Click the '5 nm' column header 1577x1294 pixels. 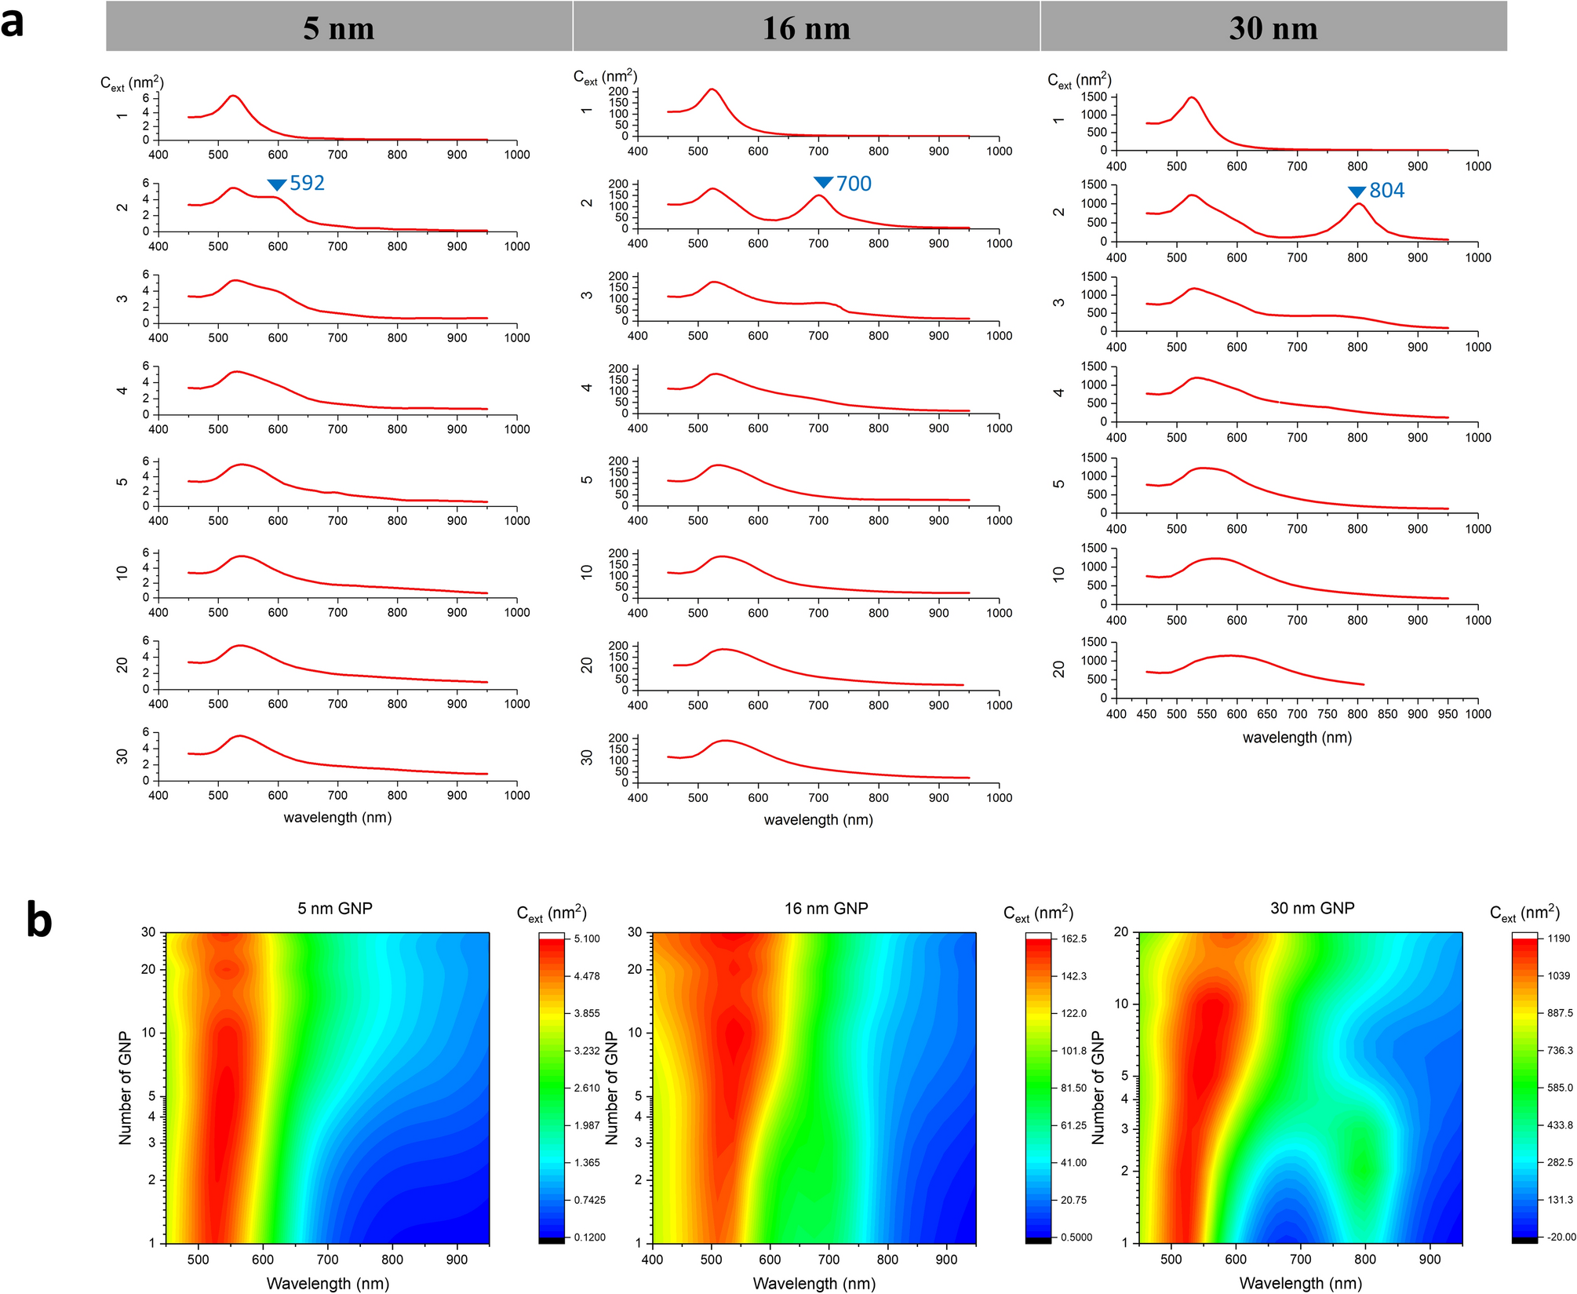tap(339, 28)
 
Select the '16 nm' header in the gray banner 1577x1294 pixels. tap(806, 28)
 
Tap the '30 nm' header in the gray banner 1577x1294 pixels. tap(1273, 28)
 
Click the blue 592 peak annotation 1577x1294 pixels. tap(307, 183)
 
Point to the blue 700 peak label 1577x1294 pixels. tap(854, 184)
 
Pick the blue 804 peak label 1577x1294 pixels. tap(1386, 191)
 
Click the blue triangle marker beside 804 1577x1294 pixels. tap(1357, 192)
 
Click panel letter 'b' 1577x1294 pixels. tap(38, 920)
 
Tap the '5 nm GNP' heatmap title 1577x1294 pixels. tap(334, 908)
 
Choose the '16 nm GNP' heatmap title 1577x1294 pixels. tap(825, 908)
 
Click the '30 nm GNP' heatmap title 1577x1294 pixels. tap(1312, 908)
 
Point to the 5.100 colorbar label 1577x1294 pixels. tap(587, 939)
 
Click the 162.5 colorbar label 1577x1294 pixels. tap(1073, 939)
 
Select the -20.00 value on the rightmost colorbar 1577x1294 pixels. tap(1561, 1237)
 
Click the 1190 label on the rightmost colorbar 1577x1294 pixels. tap(1558, 939)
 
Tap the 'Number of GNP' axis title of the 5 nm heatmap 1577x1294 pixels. tap(125, 1088)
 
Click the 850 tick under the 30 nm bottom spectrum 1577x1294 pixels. tap(1387, 714)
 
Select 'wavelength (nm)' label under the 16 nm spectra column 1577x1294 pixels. tap(818, 820)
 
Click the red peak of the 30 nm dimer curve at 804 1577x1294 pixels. tap(1358, 204)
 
